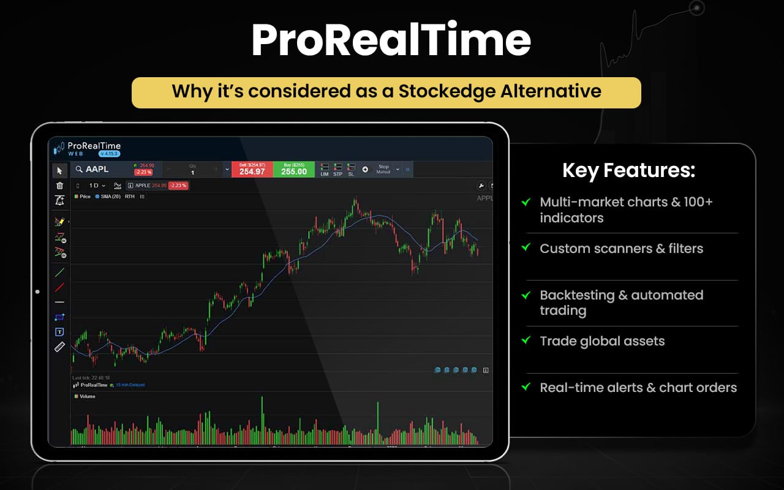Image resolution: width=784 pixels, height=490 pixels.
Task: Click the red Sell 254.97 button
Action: coord(252,170)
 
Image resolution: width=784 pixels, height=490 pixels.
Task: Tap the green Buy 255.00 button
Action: coord(294,170)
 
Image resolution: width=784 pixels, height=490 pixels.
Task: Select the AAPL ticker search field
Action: coord(101,169)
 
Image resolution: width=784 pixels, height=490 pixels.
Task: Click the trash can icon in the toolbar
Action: coord(59,186)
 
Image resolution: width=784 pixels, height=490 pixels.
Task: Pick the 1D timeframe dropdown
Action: coord(97,185)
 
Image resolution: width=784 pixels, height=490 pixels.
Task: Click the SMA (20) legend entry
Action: coord(108,197)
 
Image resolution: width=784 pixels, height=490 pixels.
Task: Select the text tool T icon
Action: coord(59,332)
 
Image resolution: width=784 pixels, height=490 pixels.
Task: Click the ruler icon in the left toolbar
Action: coord(59,347)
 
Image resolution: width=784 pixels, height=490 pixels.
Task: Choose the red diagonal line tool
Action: coord(59,287)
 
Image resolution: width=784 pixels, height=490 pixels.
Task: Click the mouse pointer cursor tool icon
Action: coord(59,170)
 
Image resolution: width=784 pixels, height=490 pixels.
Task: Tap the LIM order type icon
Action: coord(325,170)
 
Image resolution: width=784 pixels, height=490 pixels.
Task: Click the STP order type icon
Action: coord(337,170)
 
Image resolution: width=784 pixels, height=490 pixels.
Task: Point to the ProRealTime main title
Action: coord(391,41)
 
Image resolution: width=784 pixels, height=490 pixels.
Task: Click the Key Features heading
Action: coord(628,171)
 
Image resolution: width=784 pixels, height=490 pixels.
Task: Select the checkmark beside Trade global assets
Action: coord(526,340)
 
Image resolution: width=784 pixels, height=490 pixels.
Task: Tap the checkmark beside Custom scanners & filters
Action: coord(526,247)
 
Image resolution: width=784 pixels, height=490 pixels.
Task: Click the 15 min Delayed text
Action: coord(130,385)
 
